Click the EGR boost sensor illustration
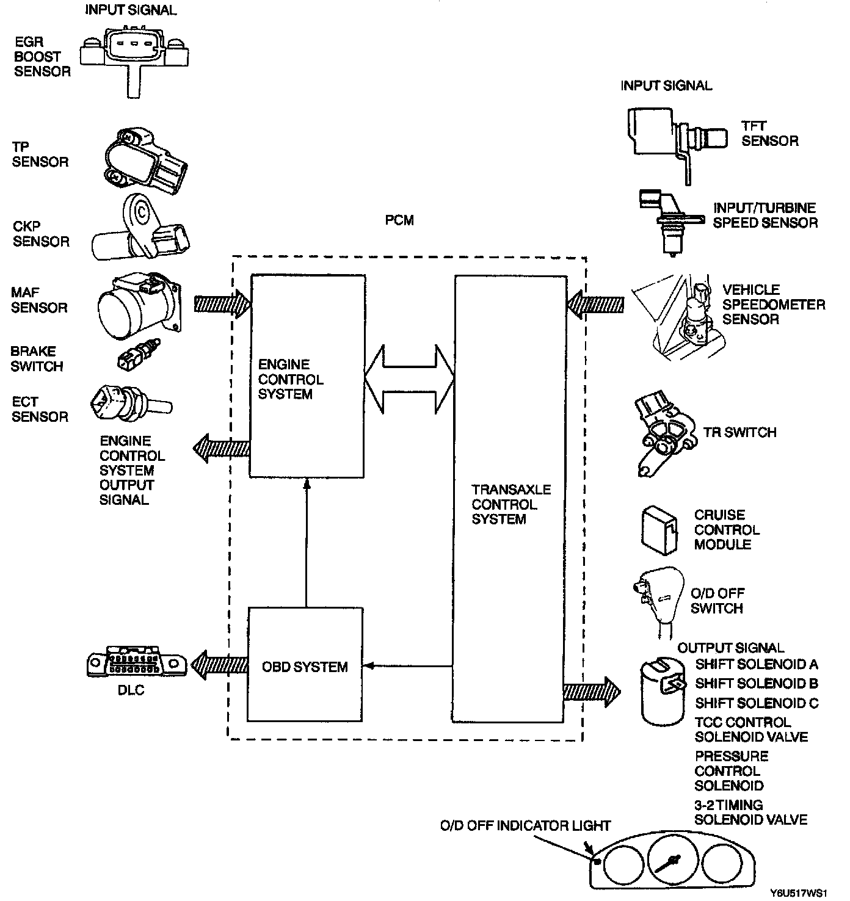tap(134, 59)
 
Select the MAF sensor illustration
tap(140, 306)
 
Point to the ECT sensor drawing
tap(131, 403)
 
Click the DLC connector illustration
tap(136, 663)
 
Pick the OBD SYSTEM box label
tap(305, 667)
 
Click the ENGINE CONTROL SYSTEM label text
tap(291, 379)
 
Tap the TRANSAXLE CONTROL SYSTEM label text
tap(511, 504)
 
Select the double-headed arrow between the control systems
tap(409, 379)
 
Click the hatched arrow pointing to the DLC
tap(220, 665)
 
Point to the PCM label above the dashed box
tap(399, 220)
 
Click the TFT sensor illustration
tap(677, 140)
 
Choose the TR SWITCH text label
tap(739, 432)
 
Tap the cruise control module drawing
tap(659, 530)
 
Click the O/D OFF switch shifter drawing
tap(658, 601)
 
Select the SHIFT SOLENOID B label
tap(757, 683)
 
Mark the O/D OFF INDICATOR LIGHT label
tap(525, 825)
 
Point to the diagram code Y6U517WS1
tap(798, 893)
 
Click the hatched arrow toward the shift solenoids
tap(592, 692)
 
